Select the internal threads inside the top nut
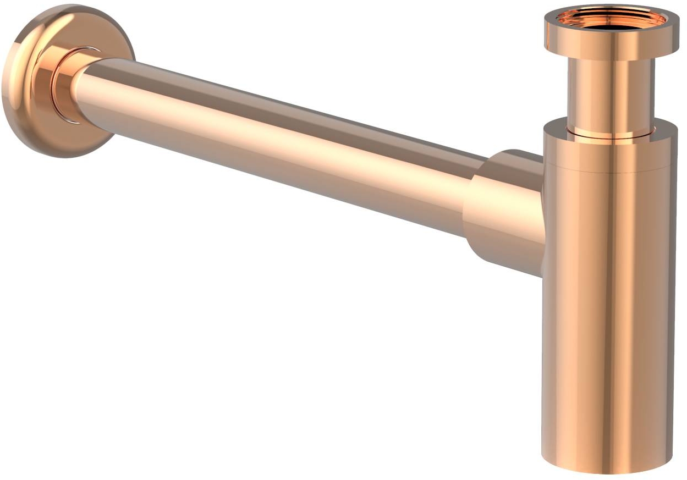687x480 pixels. (x=589, y=16)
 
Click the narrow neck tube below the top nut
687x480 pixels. (x=611, y=93)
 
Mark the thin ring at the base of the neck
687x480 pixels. (x=611, y=133)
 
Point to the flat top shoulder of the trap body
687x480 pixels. (x=556, y=125)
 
